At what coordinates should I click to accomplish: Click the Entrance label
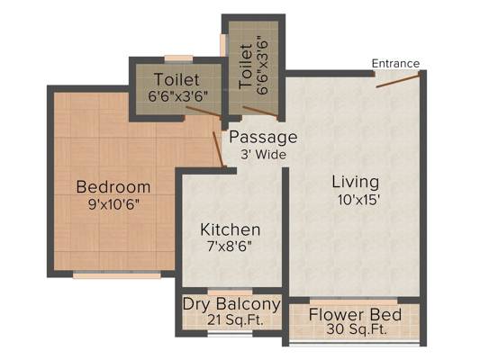[x=395, y=64]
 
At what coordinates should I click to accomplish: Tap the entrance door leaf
[x=397, y=81]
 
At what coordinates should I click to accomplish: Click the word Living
[x=356, y=182]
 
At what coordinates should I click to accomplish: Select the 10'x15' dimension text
[x=358, y=200]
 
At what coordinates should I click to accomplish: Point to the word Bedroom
[x=113, y=187]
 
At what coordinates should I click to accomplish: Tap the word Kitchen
[x=231, y=229]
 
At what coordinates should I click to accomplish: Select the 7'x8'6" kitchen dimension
[x=230, y=247]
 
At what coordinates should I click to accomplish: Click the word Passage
[x=263, y=138]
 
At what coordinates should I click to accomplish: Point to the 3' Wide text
[x=263, y=155]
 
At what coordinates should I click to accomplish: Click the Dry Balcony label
[x=231, y=304]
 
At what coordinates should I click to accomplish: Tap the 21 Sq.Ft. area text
[x=235, y=320]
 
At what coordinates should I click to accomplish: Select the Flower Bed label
[x=355, y=315]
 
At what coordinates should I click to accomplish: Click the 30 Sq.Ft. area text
[x=357, y=329]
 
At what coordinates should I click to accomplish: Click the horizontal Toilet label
[x=177, y=79]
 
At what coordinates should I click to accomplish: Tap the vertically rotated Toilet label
[x=246, y=66]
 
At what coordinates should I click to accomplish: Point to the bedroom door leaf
[x=218, y=149]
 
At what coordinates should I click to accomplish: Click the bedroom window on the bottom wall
[x=117, y=275]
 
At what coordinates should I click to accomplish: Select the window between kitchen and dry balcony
[x=231, y=291]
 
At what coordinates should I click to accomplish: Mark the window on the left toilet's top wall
[x=178, y=59]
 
